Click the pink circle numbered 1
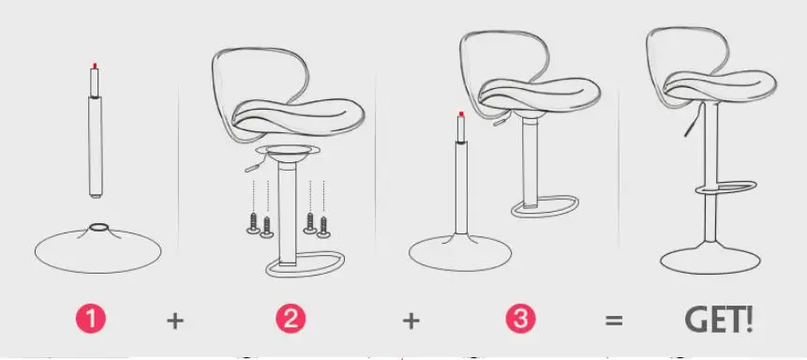(x=91, y=319)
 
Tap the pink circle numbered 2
(x=291, y=319)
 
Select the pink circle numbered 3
(x=520, y=319)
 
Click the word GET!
(x=719, y=320)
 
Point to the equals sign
(x=614, y=321)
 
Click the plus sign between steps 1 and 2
(x=175, y=321)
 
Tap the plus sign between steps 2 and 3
(x=411, y=321)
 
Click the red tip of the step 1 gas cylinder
(x=95, y=66)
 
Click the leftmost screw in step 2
(x=253, y=223)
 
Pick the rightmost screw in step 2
(x=323, y=227)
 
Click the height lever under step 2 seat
(x=253, y=166)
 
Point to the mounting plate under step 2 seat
(x=287, y=150)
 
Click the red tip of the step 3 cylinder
(x=461, y=113)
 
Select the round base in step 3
(x=460, y=252)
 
